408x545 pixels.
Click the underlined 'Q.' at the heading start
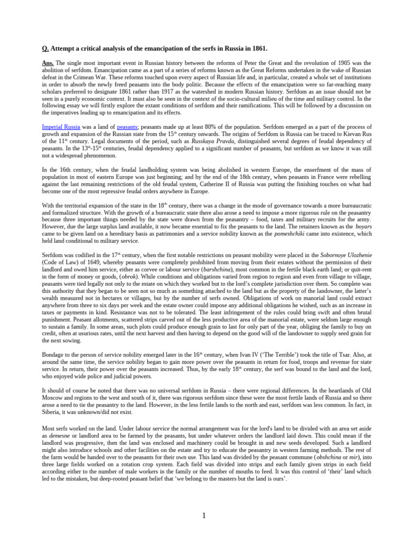click(45, 48)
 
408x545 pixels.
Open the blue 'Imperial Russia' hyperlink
click(61, 127)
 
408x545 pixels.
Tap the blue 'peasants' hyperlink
click(127, 127)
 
